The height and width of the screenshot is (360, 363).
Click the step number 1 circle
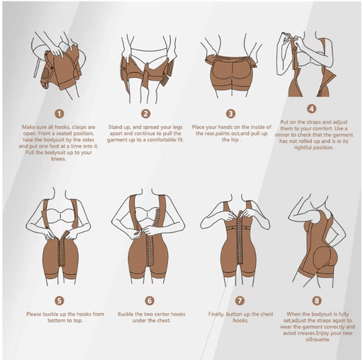60,114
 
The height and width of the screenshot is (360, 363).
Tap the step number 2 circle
146,114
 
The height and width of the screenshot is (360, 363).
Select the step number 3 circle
230,114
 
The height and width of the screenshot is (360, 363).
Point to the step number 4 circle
312,109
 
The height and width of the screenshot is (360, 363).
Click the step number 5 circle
60,300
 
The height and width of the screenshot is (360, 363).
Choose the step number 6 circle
150,300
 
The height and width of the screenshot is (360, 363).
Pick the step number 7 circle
240,300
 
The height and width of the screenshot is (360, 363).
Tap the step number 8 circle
317,300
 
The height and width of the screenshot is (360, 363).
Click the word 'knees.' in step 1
59,159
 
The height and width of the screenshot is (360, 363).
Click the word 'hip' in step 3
235,140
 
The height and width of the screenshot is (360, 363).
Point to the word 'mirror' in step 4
282,135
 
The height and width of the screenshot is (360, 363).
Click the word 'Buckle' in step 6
125,314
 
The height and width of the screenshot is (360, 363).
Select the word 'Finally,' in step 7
216,314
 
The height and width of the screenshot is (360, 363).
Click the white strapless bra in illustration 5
61,215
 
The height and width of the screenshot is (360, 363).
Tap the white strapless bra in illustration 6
147,214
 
